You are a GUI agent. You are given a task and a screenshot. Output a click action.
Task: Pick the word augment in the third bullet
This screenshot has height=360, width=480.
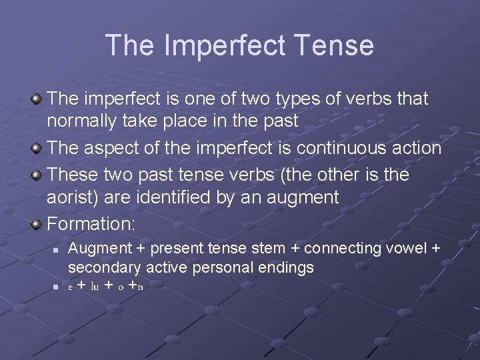(x=305, y=197)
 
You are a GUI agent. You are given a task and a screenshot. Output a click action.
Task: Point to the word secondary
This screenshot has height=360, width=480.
(x=104, y=267)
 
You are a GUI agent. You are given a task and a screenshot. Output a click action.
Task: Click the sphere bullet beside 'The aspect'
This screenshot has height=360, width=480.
(x=37, y=148)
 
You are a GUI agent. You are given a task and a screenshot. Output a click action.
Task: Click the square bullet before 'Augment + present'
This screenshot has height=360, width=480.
(x=56, y=249)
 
